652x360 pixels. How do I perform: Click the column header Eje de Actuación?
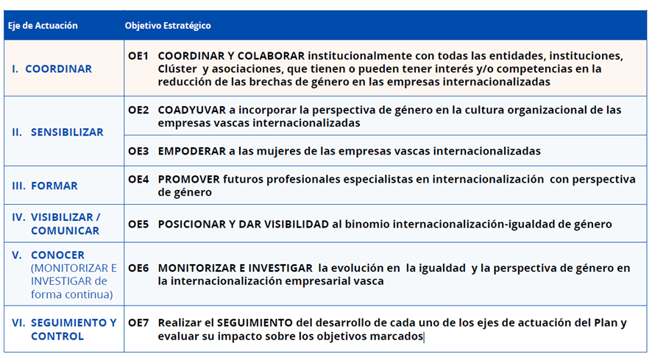coord(43,25)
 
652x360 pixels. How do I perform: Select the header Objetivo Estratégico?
coord(168,25)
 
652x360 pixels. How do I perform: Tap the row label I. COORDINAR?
coord(52,68)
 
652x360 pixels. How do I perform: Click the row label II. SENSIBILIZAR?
coord(58,132)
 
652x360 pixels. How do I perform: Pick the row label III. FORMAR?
coord(45,186)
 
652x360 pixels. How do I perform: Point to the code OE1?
coord(138,56)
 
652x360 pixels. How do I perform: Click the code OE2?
coord(138,110)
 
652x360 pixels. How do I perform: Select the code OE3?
coord(138,151)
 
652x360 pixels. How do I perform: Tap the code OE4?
coord(138,180)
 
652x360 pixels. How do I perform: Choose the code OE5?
coord(138,225)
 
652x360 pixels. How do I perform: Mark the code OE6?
coord(138,268)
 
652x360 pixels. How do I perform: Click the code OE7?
coord(138,323)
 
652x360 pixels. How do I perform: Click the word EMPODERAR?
coord(191,151)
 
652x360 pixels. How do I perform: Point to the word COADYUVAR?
coord(191,110)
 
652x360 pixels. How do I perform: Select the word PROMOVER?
coord(189,180)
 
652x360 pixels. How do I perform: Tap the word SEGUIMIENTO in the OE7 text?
coord(255,323)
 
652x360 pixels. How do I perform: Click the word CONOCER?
coord(58,255)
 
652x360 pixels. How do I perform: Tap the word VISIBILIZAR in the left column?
coord(63,217)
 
